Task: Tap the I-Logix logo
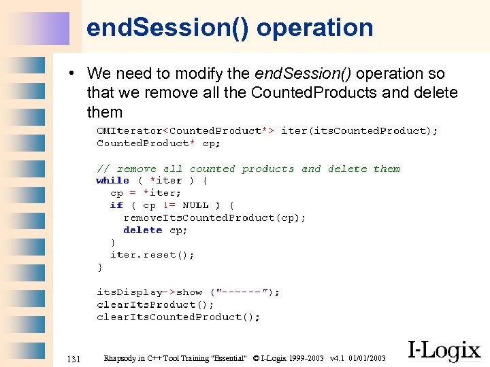tap(444, 350)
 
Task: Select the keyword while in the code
tap(112, 181)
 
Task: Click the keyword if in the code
tap(116, 205)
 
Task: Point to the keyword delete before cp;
tap(142, 230)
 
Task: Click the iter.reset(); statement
tap(152, 255)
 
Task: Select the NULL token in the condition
tap(196, 205)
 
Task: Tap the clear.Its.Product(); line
tap(146, 304)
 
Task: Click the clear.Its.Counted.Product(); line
tap(178, 317)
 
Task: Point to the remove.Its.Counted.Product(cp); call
tap(214, 217)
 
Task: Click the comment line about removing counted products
tap(248, 169)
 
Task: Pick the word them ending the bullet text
tap(105, 111)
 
